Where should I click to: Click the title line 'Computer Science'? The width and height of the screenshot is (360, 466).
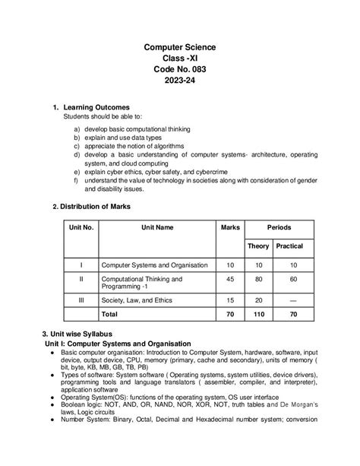pyautogui.click(x=180, y=47)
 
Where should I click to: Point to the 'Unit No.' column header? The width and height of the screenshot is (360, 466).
pyautogui.click(x=81, y=227)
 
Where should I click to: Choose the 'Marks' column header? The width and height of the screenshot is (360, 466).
pyautogui.click(x=229, y=227)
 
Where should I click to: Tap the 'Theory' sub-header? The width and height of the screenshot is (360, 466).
pyautogui.click(x=257, y=246)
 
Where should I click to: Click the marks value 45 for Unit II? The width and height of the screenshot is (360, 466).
pyautogui.click(x=229, y=279)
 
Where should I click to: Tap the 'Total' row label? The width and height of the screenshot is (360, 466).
pyautogui.click(x=109, y=313)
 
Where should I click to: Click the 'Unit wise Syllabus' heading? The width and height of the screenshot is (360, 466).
pyautogui.click(x=81, y=334)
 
